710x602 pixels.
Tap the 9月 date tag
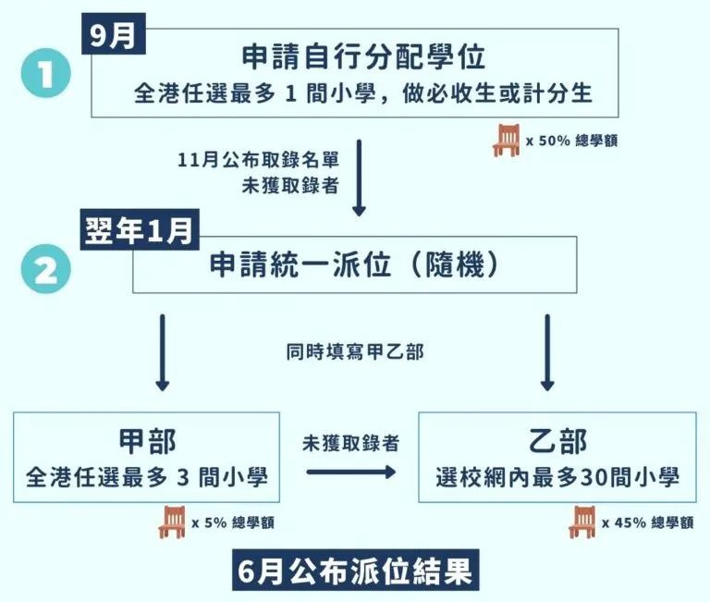point(113,35)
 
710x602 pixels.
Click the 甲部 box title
point(147,441)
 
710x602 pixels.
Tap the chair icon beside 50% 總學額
point(507,140)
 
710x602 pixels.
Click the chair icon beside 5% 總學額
point(174,522)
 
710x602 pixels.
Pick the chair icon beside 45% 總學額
point(582,522)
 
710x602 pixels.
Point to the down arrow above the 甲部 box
point(163,352)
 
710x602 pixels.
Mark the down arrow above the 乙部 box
point(547,352)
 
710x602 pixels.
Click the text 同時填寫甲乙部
point(355,351)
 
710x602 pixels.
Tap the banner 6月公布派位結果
point(354,571)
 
